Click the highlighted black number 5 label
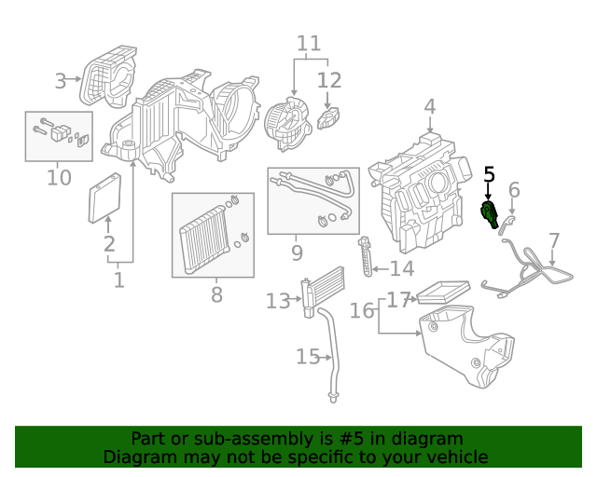[489, 173]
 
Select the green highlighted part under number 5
[488, 214]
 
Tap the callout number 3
[61, 81]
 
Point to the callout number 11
[309, 44]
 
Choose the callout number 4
[429, 107]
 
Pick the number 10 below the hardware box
[59, 177]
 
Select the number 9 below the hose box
[297, 252]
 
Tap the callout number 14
[402, 269]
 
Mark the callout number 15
[308, 356]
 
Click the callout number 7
[554, 241]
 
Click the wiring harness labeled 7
[527, 270]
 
